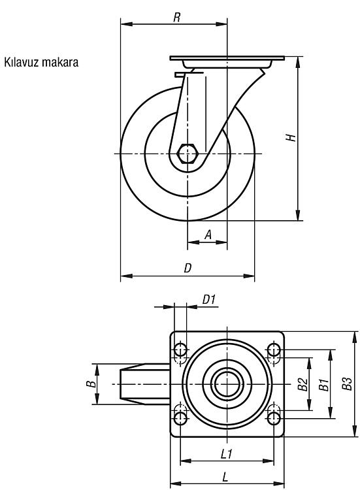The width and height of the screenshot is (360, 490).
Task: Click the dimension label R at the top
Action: tap(177, 18)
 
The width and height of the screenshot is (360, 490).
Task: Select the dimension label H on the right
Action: tap(291, 137)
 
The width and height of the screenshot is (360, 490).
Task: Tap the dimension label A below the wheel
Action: tap(208, 235)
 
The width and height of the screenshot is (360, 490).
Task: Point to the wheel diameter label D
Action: tap(188, 268)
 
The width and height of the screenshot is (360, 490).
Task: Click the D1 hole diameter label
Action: tap(209, 299)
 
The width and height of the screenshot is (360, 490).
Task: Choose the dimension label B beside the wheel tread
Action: tap(91, 384)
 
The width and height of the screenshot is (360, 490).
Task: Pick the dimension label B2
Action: tap(303, 384)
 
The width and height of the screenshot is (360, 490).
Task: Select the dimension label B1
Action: tap(323, 384)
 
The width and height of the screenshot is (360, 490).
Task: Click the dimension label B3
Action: tap(347, 384)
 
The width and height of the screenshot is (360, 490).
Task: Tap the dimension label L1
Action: tap(227, 454)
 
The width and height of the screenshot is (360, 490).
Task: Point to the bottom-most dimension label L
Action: tap(225, 477)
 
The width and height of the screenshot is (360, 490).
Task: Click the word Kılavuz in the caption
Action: tap(22, 62)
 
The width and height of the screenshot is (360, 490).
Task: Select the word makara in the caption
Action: tap(59, 62)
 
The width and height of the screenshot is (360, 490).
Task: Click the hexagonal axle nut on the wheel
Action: tap(187, 154)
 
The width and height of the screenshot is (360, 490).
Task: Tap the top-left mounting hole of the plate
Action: tap(180, 350)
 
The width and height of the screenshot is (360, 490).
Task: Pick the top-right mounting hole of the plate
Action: tap(274, 350)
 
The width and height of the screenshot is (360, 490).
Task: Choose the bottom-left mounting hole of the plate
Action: tap(180, 418)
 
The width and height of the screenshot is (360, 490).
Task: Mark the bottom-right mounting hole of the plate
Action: tap(274, 418)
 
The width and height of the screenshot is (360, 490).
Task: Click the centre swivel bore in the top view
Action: tap(227, 384)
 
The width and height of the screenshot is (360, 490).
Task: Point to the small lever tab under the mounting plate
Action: tap(180, 74)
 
